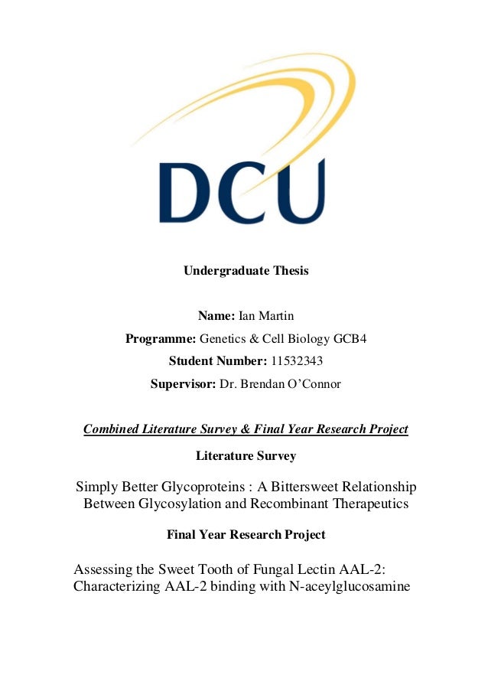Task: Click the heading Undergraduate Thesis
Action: pyautogui.click(x=246, y=270)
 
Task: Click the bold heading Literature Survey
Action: pyautogui.click(x=246, y=456)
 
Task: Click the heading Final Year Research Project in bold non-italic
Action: pyautogui.click(x=246, y=534)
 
